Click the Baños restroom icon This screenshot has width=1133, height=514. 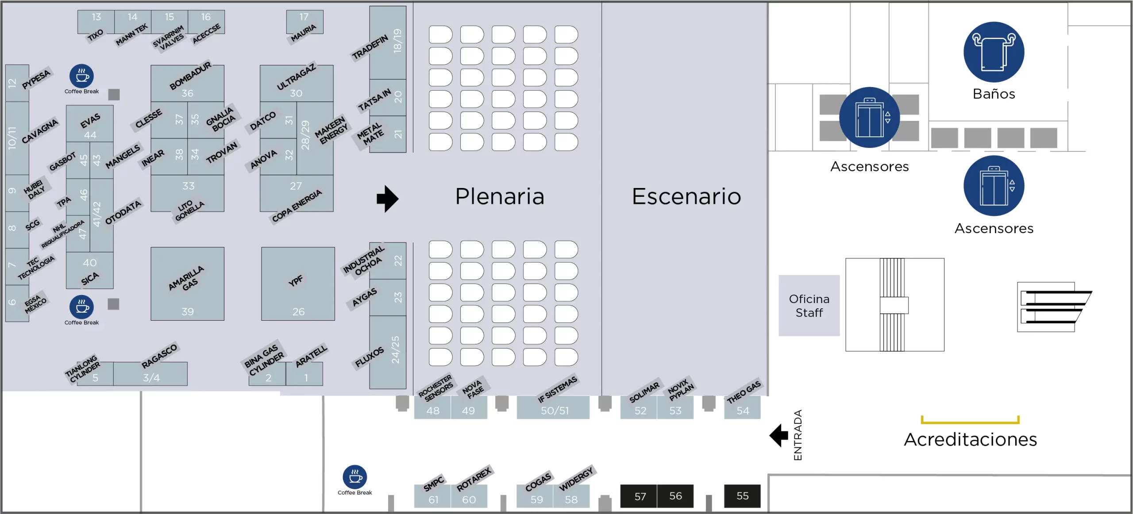pos(994,52)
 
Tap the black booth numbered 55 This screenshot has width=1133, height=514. pos(742,496)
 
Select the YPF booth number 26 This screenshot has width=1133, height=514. pos(298,284)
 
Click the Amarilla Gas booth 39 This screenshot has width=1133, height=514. pos(187,284)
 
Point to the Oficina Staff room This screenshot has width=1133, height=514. pos(809,306)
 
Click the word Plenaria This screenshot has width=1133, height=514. pos(500,196)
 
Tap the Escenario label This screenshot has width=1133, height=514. pos(686,196)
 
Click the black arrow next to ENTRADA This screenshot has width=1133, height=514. pos(779,436)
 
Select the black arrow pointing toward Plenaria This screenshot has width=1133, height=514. pos(387,199)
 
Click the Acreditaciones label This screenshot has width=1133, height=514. pos(970,439)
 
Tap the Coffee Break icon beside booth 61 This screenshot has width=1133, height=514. pos(355,477)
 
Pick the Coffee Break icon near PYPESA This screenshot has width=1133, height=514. pos(81,76)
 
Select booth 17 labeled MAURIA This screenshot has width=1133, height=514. pos(304,22)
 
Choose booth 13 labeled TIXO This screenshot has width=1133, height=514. pos(96,22)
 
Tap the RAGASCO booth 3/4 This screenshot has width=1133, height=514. pos(150,374)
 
